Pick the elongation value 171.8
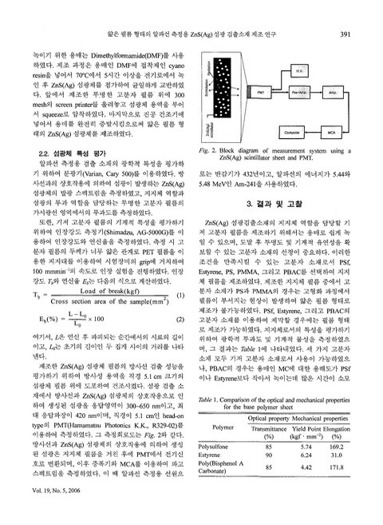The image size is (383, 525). [348, 489]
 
